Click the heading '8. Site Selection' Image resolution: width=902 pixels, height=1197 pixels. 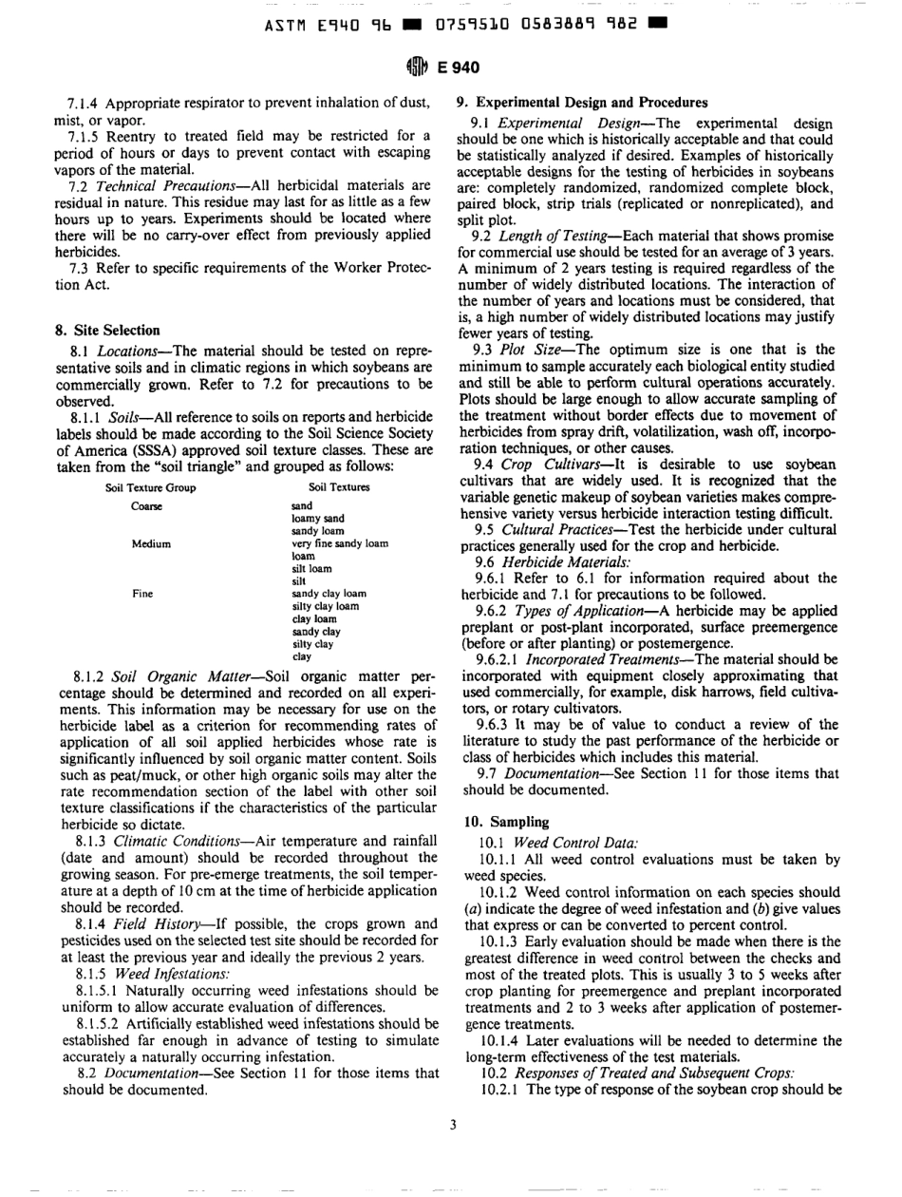pyautogui.click(x=107, y=331)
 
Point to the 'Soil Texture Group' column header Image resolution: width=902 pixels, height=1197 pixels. pyautogui.click(x=150, y=487)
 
